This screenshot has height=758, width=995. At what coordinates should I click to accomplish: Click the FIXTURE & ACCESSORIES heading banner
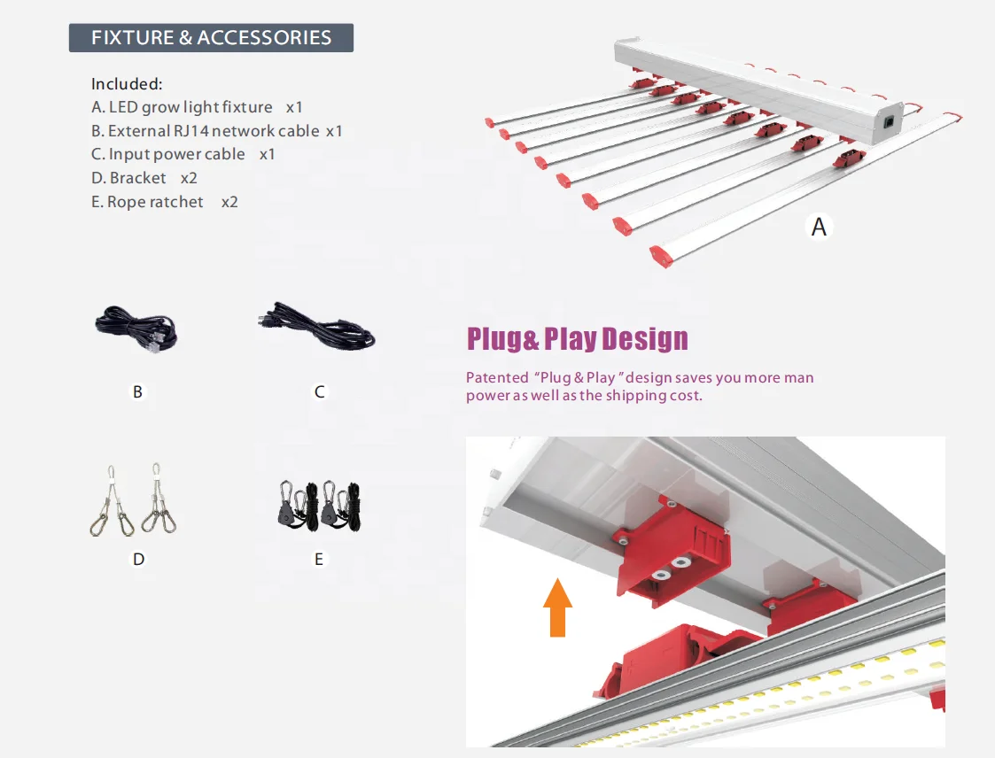211,38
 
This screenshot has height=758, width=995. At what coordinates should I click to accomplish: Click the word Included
127,84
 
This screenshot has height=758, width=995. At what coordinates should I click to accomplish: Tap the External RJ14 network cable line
216,131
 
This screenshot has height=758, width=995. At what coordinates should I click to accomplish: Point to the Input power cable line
183,154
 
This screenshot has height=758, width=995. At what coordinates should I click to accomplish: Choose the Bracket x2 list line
144,178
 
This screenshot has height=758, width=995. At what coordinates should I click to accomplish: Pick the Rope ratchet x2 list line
165,202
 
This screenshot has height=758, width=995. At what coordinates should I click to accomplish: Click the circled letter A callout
819,227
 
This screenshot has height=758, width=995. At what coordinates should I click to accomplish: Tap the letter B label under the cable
137,391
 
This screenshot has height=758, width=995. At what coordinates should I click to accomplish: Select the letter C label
320,391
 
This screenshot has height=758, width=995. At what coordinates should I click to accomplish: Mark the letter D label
138,559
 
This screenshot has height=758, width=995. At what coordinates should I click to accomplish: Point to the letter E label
319,559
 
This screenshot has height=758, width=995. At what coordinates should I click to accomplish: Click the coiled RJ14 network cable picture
136,329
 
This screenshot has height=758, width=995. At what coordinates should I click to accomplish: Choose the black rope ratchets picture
318,507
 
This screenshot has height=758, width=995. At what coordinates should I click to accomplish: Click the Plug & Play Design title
577,339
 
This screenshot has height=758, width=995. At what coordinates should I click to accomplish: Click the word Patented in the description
496,378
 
